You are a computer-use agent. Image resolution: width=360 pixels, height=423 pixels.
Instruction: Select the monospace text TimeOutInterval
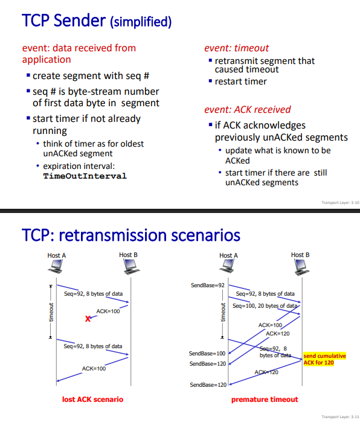point(85,176)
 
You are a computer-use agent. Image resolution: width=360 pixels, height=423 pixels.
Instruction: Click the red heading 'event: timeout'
point(236,48)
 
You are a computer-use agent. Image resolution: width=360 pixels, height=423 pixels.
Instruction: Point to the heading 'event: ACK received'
point(247,109)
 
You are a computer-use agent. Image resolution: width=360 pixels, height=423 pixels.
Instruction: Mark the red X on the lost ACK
point(88,319)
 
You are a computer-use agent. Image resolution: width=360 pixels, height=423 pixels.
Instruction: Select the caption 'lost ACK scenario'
point(92,399)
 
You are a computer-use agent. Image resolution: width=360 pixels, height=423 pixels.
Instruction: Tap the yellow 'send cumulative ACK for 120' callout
point(324,359)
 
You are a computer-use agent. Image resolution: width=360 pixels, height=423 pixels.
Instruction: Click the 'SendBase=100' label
point(207,354)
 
